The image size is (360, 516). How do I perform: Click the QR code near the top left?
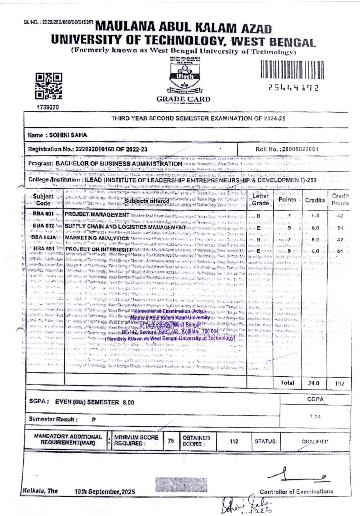[x=48, y=86]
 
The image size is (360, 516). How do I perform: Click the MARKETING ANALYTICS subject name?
[x=96, y=238]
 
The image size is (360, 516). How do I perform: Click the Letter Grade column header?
[x=260, y=199]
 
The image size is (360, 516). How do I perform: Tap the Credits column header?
[x=315, y=200]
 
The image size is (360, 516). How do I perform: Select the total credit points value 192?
[x=339, y=383]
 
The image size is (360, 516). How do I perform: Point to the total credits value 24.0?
[x=315, y=383]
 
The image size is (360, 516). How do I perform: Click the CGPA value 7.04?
[x=315, y=416]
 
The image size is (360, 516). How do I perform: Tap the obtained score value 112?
[x=234, y=441]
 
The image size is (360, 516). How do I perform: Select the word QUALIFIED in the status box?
[x=315, y=441]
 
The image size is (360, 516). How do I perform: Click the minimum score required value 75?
[x=171, y=441]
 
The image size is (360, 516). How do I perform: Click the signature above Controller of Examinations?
[x=298, y=475]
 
